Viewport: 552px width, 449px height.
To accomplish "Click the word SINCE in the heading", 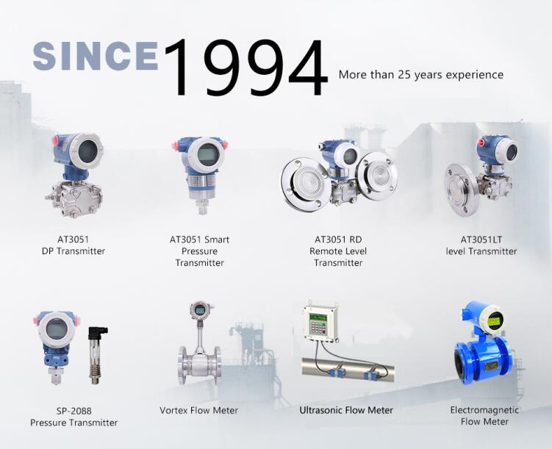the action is pyautogui.click(x=96, y=56).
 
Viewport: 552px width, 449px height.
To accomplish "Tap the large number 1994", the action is pyautogui.click(x=245, y=68).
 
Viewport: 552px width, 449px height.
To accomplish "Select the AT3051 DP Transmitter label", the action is pyautogui.click(x=74, y=245).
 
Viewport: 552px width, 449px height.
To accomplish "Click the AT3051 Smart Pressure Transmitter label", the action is pyautogui.click(x=199, y=251).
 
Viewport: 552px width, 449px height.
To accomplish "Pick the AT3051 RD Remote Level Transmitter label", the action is pyautogui.click(x=338, y=251).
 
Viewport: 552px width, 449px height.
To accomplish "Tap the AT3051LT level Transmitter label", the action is pyautogui.click(x=481, y=245).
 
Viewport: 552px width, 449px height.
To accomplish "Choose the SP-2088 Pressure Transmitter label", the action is pyautogui.click(x=74, y=417).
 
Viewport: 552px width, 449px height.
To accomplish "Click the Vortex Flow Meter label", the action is pyautogui.click(x=199, y=410).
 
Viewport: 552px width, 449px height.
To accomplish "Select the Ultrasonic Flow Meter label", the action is pyautogui.click(x=346, y=410).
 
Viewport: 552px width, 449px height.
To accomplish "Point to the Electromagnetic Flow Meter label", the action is pyautogui.click(x=484, y=416).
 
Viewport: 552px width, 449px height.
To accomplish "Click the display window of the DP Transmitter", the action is pyautogui.click(x=87, y=151).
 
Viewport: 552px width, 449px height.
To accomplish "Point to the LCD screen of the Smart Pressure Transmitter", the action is pyautogui.click(x=208, y=154).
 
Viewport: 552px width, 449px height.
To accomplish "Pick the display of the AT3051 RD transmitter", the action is pyautogui.click(x=350, y=155).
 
